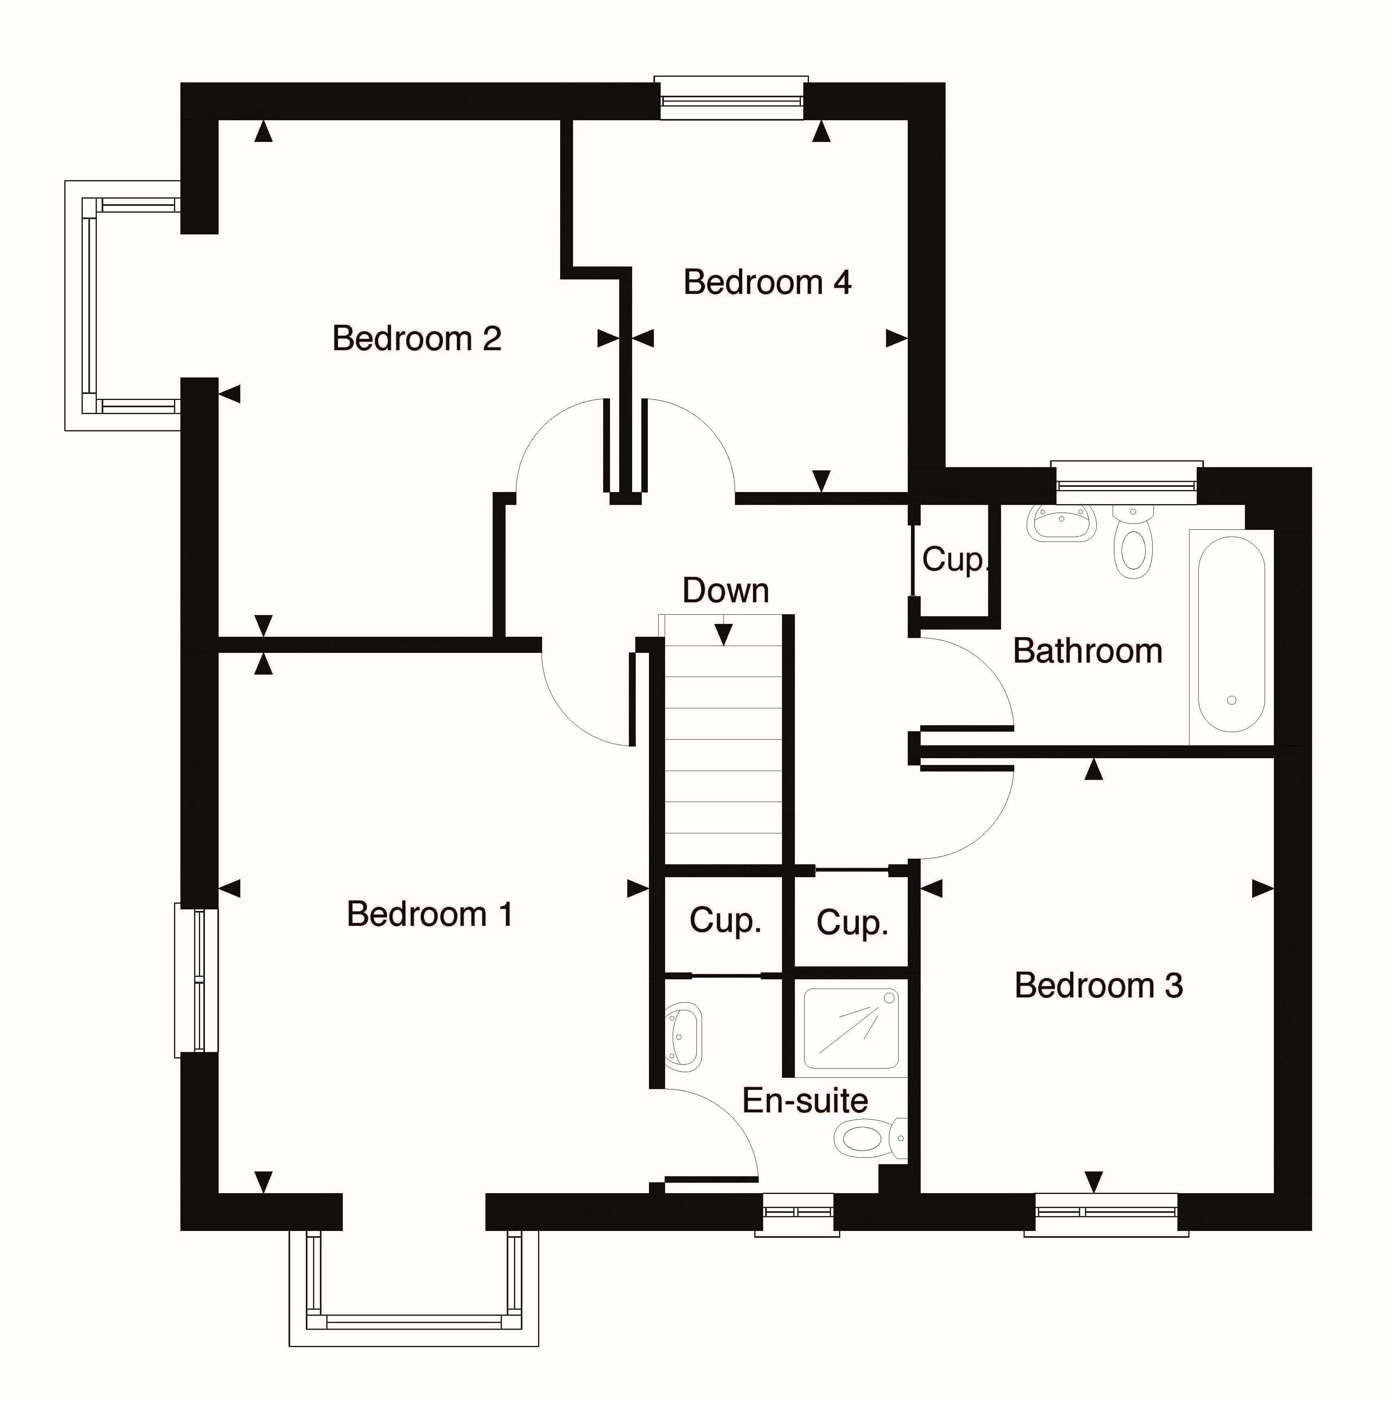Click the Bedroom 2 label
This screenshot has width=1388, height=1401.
pos(417,338)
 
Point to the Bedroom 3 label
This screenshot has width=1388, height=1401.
pos(1099,985)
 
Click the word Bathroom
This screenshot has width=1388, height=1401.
pos(1087,650)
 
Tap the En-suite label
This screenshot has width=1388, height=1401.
pos(805,1101)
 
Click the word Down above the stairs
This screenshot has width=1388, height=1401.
pos(725,590)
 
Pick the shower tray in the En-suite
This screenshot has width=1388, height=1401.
pos(852,1028)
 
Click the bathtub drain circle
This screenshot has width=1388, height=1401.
pos(1231,700)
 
